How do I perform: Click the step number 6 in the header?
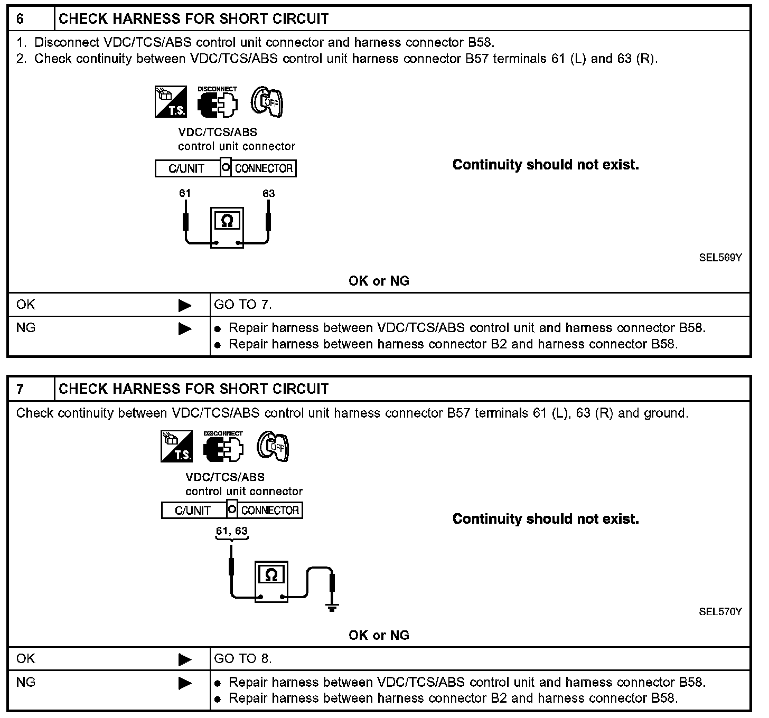pos(20,19)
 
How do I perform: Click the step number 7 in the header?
pos(20,389)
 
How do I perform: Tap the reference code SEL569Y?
pos(720,258)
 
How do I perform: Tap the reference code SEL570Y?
pos(720,611)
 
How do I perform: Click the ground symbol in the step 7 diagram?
pos(332,607)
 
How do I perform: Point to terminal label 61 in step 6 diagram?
pos(184,193)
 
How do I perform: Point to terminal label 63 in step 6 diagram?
pos(268,193)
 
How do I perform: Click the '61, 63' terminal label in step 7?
pos(231,531)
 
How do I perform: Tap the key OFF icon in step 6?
pos(267,101)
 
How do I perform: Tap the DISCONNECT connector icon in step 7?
pos(223,447)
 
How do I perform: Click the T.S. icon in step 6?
pos(171,101)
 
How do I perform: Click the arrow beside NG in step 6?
pos(185,329)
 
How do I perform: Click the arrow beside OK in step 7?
pos(185,659)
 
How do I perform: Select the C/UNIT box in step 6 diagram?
pos(186,168)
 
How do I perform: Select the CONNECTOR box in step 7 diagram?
pos(270,511)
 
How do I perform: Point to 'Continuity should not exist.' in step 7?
pos(546,519)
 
